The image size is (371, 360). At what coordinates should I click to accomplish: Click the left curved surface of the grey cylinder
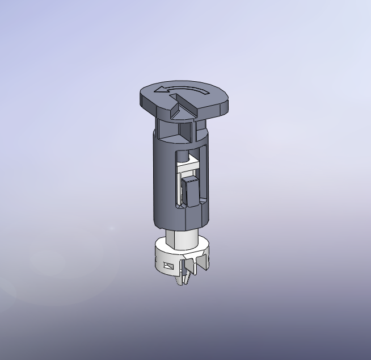(161, 176)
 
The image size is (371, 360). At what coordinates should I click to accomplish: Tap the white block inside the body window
(184, 167)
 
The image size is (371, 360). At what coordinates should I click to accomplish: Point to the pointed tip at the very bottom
(182, 282)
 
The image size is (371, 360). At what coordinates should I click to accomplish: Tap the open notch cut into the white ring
(193, 266)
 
